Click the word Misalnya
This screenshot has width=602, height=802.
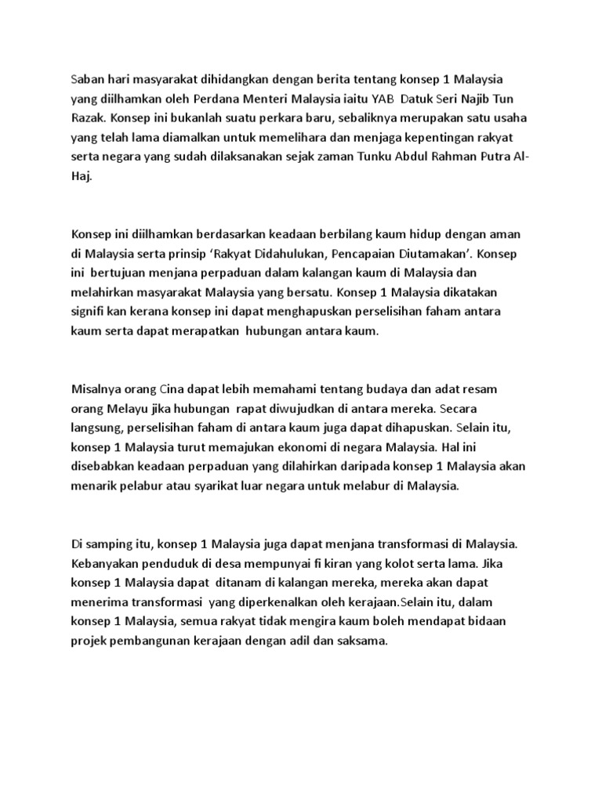click(x=97, y=389)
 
